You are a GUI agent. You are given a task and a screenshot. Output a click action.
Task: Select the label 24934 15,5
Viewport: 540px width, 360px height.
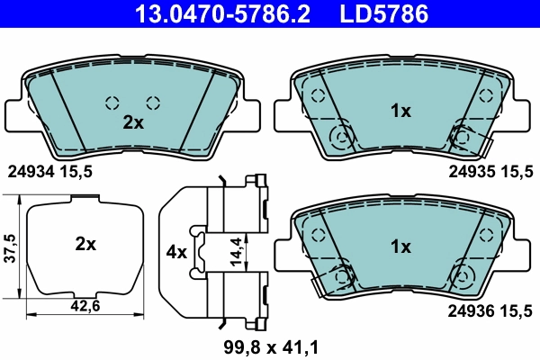click(50, 169)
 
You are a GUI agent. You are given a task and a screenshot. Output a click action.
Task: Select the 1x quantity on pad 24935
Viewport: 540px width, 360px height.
click(400, 112)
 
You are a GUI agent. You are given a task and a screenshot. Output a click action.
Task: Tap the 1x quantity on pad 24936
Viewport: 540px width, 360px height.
click(400, 247)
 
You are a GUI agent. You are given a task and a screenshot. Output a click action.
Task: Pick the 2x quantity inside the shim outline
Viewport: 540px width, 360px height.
click(85, 243)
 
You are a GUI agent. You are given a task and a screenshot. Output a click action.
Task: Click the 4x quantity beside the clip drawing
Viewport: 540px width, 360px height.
click(176, 252)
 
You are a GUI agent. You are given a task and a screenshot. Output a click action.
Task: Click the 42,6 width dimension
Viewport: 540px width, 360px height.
click(85, 307)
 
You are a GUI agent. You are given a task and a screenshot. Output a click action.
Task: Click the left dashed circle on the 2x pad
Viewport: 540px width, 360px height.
click(112, 102)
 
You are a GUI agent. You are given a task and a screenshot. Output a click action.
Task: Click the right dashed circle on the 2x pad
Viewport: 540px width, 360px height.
click(153, 102)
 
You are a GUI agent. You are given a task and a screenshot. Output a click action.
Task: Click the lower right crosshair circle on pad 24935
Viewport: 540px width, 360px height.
click(463, 137)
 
